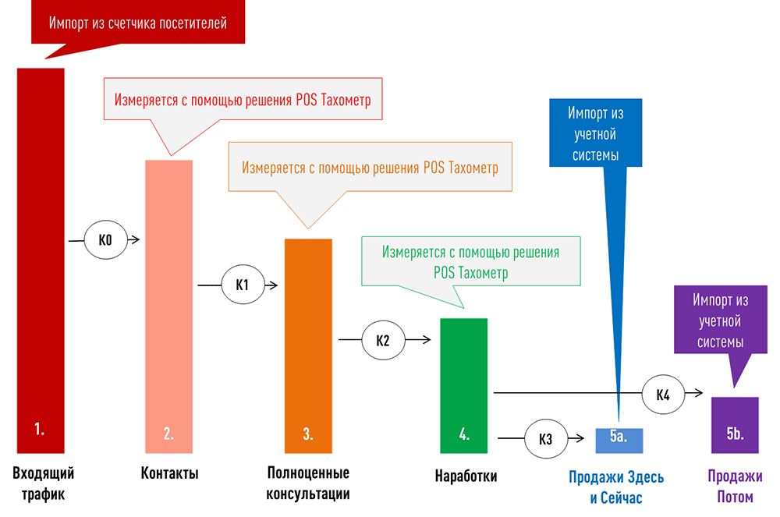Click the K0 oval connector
click(x=105, y=240)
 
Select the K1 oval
click(x=242, y=285)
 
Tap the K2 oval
click(x=382, y=340)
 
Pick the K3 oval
click(x=546, y=439)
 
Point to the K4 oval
click(x=663, y=394)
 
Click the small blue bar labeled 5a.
click(x=619, y=441)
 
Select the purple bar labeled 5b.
click(x=735, y=425)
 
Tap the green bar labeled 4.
click(x=463, y=385)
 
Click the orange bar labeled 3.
click(x=308, y=345)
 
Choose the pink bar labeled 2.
click(x=168, y=306)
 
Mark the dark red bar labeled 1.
click(x=41, y=260)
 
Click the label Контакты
click(x=169, y=473)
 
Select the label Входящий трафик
click(x=43, y=483)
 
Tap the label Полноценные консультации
click(x=308, y=483)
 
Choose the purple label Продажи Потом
click(x=735, y=487)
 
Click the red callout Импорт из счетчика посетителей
click(x=138, y=23)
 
